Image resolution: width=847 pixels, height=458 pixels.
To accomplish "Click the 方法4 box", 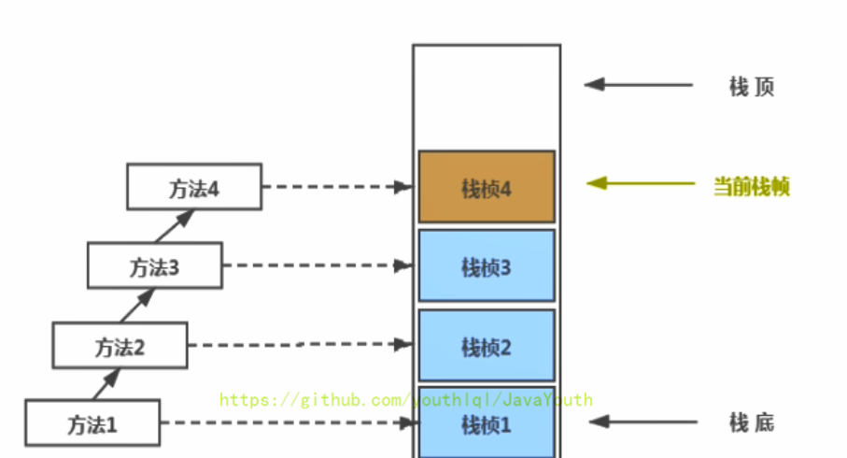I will (194, 187).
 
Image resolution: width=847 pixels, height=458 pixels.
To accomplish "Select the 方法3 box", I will (155, 266).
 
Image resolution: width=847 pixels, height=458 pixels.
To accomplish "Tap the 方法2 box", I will (120, 347).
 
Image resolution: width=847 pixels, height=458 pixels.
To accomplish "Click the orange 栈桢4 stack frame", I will (487, 188).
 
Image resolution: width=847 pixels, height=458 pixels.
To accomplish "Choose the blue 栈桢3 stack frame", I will (487, 267).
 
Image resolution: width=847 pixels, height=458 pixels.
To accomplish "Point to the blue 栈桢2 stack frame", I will (487, 347).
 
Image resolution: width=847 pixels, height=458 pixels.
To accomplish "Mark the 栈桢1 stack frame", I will (487, 423).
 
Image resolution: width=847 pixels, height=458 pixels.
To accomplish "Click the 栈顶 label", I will (752, 87).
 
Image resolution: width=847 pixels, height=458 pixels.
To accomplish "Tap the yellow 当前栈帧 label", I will (752, 186).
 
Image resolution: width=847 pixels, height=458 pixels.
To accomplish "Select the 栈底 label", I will (752, 422).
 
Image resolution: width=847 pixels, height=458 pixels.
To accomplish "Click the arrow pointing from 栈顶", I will (640, 84).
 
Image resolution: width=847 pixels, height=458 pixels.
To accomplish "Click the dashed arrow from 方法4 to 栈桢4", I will (337, 187).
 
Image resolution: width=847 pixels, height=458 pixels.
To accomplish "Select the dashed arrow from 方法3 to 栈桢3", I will (318, 266).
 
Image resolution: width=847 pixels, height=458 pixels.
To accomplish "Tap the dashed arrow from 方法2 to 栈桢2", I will (300, 345).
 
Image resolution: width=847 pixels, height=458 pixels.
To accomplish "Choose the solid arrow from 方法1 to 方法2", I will (106, 383).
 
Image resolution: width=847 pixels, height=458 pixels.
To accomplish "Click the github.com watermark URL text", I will (406, 400).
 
